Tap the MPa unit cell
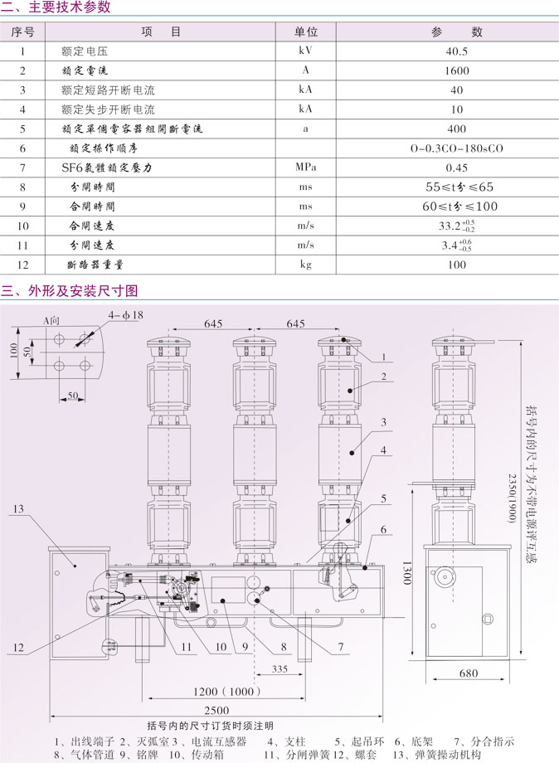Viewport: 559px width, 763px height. click(x=306, y=168)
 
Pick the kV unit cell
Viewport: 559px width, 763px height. click(x=306, y=51)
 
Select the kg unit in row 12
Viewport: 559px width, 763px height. click(x=306, y=265)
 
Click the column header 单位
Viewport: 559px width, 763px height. click(x=306, y=32)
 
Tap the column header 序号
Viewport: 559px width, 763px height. click(x=23, y=32)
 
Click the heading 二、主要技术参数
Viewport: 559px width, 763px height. click(x=56, y=8)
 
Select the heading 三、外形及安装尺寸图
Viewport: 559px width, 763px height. click(x=70, y=291)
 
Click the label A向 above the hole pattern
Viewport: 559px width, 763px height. click(x=51, y=318)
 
